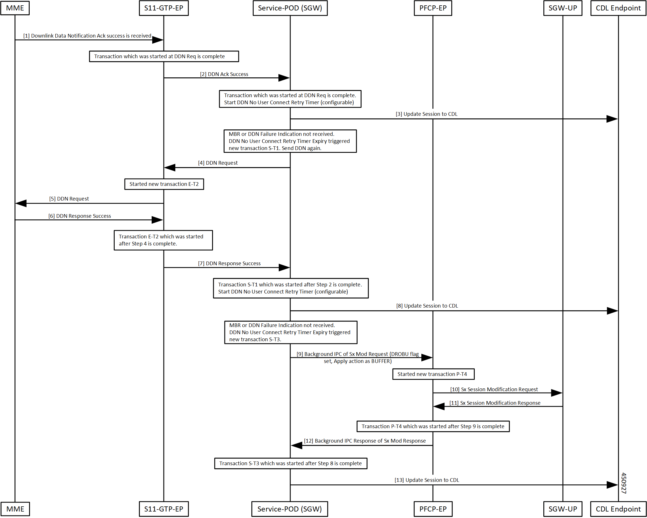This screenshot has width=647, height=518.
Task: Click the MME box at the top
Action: tap(15, 8)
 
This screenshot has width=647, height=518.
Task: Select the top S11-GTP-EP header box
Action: tap(164, 8)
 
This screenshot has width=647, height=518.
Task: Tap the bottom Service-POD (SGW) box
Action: tap(289, 509)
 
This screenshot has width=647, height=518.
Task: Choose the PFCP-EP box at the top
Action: tap(433, 8)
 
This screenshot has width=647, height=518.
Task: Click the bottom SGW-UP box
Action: tap(563, 509)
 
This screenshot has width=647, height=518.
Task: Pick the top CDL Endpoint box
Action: tap(618, 8)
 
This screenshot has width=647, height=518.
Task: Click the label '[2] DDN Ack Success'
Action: tap(224, 74)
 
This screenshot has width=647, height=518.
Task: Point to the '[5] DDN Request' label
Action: tap(69, 199)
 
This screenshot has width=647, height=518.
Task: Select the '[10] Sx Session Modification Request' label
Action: tap(494, 389)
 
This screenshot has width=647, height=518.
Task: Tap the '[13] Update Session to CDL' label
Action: tap(427, 480)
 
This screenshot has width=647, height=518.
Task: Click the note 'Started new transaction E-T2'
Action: tap(164, 184)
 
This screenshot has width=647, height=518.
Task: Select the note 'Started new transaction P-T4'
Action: tap(433, 374)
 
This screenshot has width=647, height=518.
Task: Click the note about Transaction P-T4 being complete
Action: tap(433, 426)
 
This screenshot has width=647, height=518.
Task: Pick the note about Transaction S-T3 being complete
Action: tap(291, 463)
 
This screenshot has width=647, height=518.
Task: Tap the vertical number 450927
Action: tap(624, 483)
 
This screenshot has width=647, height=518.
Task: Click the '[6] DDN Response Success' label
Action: tap(80, 216)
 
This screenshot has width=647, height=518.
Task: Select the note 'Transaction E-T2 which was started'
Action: tap(163, 240)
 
